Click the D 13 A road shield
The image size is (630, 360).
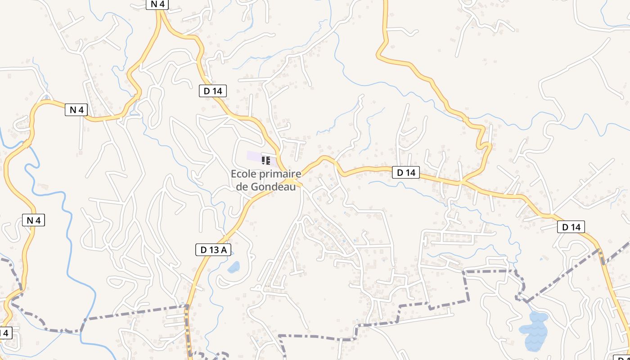coord(213,250)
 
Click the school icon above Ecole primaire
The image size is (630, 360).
coord(266,160)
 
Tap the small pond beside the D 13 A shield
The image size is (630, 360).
coord(234,268)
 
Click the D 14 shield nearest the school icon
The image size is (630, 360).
coord(213,91)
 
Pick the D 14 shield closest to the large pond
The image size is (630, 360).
coord(571,227)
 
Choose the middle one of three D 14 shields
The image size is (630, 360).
coord(406,172)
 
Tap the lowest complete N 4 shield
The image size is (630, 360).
coord(34,220)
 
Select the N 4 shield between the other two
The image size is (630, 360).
coord(76,109)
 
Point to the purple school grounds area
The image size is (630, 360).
coord(254,157)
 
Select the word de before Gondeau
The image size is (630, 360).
coord(242,187)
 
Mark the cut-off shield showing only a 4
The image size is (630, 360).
coord(4,333)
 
